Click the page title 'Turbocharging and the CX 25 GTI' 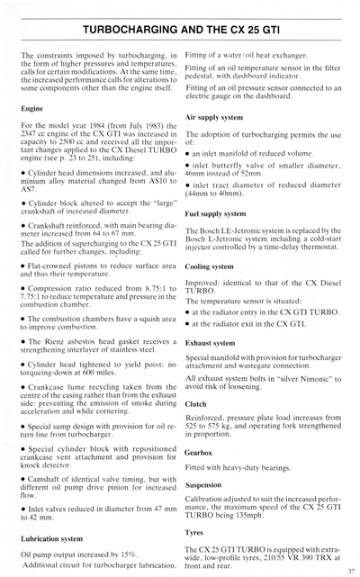click(x=180, y=31)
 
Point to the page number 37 click(x=348, y=570)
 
